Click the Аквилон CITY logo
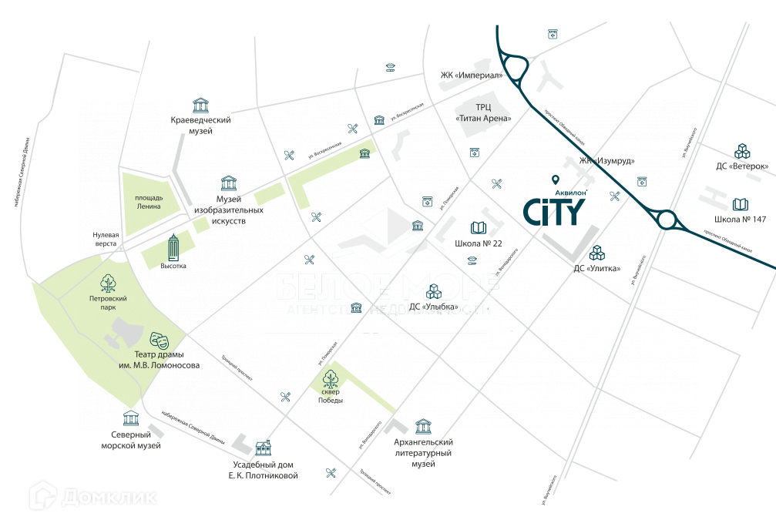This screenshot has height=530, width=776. coord(555,210)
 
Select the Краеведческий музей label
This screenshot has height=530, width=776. coord(201,126)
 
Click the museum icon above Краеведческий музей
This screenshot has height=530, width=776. coord(201,105)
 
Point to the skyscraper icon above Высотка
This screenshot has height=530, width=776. coord(173,247)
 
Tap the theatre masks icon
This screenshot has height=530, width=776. coord(159,339)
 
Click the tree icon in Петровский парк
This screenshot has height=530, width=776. coord(108,283)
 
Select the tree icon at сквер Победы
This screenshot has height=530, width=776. coord(331,378)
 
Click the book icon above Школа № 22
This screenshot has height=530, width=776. coord(478,228)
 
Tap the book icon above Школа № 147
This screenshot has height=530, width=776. coord(740,205)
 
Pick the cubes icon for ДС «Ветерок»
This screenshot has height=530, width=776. coord(741,150)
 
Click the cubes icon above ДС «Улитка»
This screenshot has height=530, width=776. coord(597,253)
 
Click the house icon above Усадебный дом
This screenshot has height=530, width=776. coord(264,448)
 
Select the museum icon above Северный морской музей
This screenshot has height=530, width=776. coord(131,418)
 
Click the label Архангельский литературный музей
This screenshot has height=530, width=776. coord(423,453)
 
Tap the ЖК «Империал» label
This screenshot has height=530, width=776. coord(471,75)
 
